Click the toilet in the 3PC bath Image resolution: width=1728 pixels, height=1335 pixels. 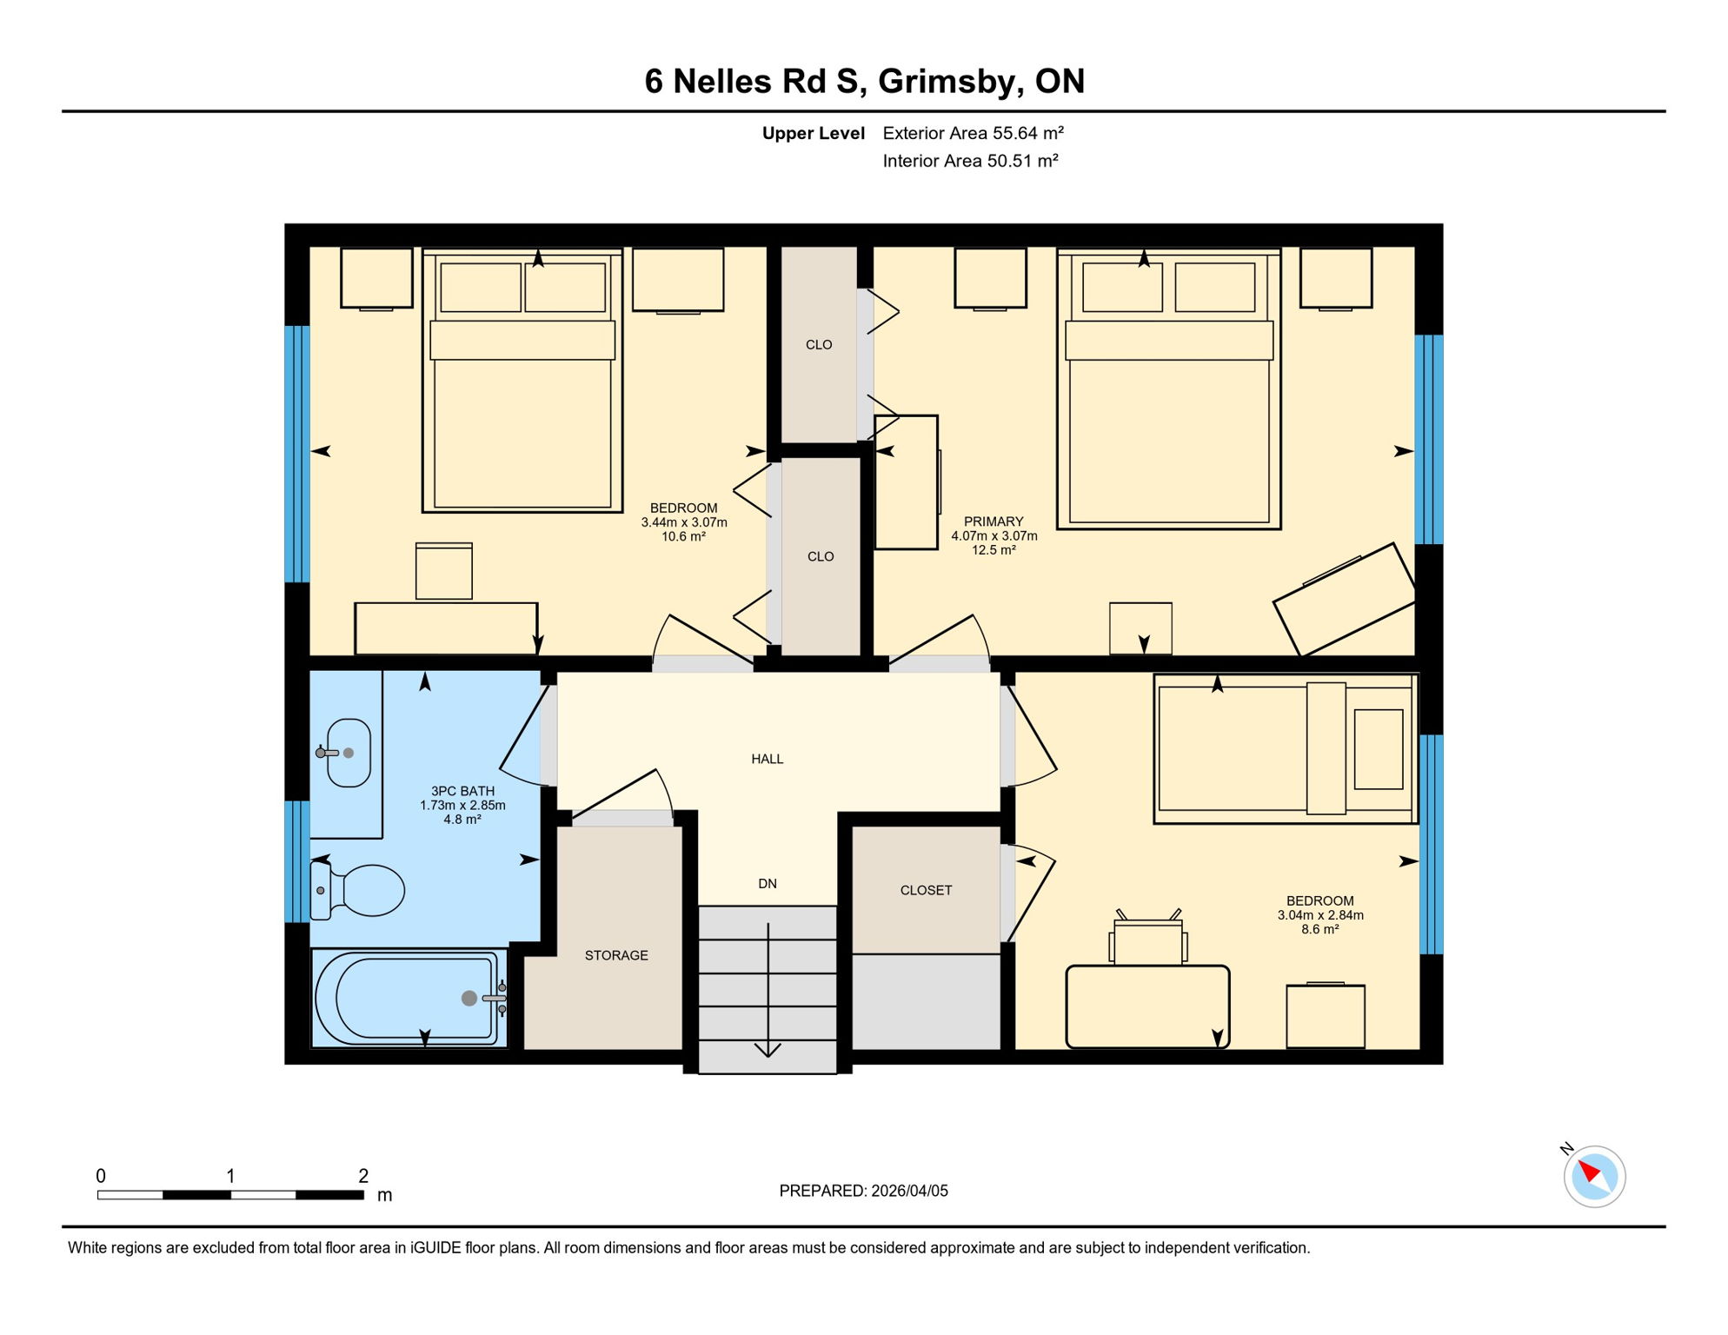pos(365,891)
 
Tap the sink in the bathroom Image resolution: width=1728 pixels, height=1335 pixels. pos(349,753)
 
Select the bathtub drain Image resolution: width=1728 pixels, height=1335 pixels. pos(469,998)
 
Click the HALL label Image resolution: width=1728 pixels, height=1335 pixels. pos(768,759)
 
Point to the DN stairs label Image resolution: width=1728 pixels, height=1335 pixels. pos(768,883)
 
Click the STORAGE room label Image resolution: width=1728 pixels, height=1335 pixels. pos(616,955)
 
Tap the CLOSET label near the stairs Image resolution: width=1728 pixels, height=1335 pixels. pos(926,890)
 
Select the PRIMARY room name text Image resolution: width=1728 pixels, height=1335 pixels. pos(994,521)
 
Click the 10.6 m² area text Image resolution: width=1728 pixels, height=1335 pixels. pos(683,536)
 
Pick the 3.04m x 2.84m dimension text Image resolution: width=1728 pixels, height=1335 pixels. pos(1319,915)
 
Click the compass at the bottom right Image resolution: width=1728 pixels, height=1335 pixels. pos(1594,1176)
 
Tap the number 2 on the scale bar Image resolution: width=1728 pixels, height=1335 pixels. pos(363,1176)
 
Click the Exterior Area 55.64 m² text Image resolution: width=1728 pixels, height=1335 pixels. pos(973,133)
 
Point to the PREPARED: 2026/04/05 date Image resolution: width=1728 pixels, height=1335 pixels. pos(863,1191)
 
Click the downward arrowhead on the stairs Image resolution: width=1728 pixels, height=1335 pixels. pos(768,1050)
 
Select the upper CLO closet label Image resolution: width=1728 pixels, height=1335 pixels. pos(819,344)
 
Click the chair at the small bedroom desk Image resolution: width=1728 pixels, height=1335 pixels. pos(1148,941)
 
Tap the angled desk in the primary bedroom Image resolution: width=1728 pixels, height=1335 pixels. pos(1345,600)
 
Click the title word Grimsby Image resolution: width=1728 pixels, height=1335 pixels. pos(951,82)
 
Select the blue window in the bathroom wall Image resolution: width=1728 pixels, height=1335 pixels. pos(297,860)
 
